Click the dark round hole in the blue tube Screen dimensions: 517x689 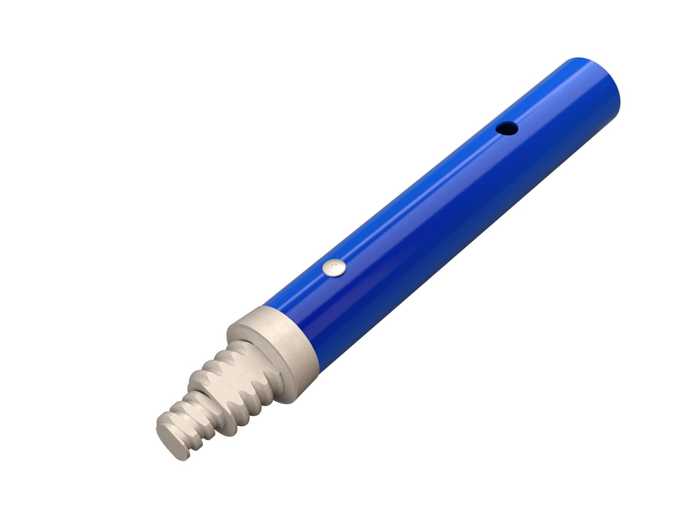click(x=506, y=128)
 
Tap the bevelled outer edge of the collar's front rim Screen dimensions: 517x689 click(x=237, y=326)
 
